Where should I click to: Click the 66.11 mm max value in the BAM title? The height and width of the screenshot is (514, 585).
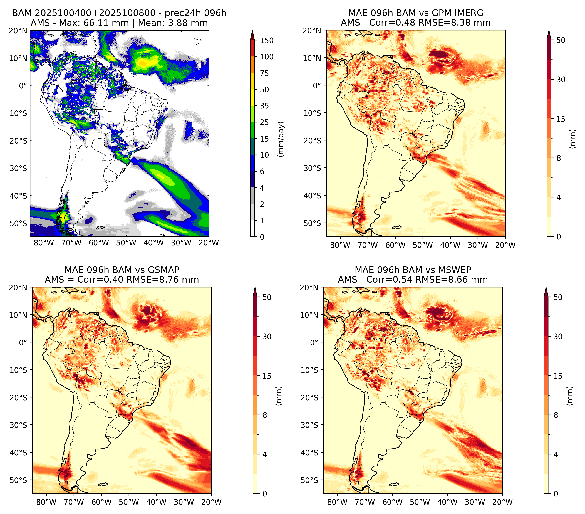106,23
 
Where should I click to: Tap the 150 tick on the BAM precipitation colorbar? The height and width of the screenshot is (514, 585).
266,40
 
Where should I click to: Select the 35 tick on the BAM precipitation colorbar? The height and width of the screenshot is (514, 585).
264,106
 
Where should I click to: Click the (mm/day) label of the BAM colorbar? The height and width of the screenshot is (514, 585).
281,139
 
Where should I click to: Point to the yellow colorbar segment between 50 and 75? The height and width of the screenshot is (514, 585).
252,81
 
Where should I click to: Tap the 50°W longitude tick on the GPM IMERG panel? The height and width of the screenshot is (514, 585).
423,245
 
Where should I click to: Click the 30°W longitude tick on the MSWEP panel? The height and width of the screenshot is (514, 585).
475,502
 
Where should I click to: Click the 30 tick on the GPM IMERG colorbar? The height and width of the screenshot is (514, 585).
561,80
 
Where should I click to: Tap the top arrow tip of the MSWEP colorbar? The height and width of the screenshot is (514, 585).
546,288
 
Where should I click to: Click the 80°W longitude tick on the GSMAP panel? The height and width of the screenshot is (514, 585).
47,502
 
